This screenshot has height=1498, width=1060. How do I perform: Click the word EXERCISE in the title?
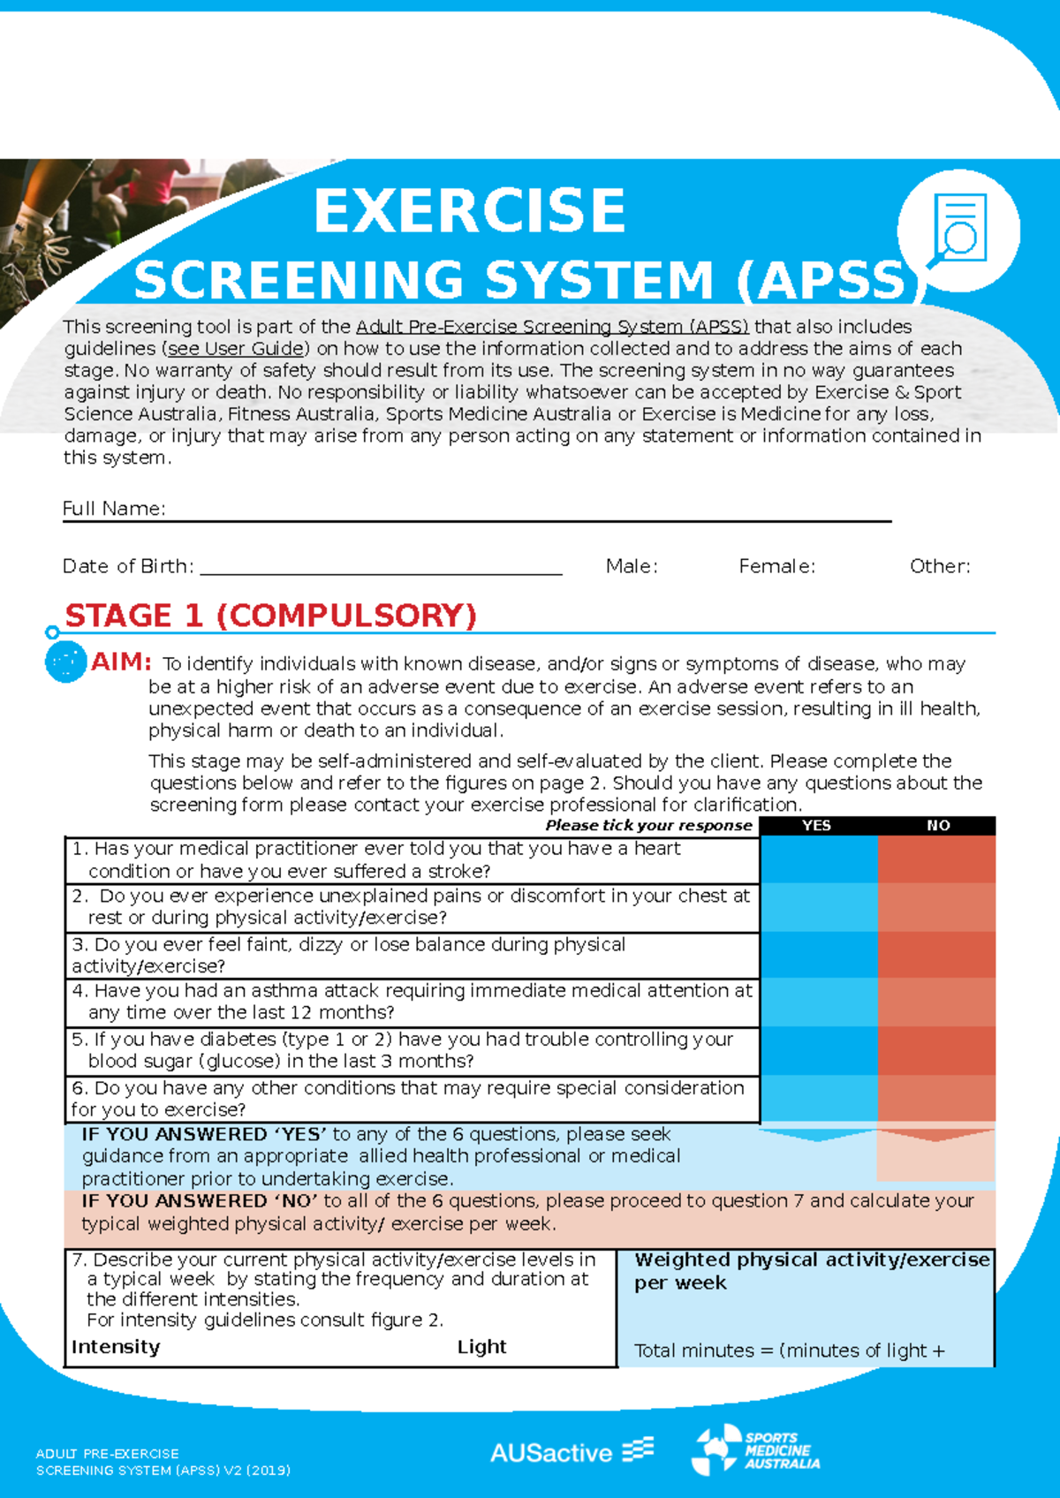(x=469, y=211)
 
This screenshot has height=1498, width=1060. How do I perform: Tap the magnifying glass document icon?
(x=958, y=231)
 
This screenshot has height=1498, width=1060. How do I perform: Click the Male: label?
(x=632, y=566)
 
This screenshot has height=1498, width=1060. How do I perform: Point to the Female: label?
(x=776, y=566)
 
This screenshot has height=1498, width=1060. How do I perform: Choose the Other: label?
(x=940, y=566)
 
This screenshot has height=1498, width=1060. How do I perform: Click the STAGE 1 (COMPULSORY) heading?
(x=270, y=616)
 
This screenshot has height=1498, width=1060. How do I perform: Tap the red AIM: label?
(x=121, y=662)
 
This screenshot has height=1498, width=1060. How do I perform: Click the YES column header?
(x=816, y=825)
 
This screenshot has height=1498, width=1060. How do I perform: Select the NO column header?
(x=938, y=825)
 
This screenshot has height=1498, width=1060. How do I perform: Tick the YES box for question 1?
(x=818, y=859)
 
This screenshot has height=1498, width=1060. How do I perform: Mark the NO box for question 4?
(x=936, y=1002)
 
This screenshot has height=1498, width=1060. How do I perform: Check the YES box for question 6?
(x=818, y=1098)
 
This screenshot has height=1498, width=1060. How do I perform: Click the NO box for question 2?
(x=936, y=907)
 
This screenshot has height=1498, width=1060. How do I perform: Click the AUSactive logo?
(x=572, y=1452)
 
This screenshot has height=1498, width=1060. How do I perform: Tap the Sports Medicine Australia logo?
(x=756, y=1450)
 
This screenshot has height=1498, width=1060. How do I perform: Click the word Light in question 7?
(x=481, y=1347)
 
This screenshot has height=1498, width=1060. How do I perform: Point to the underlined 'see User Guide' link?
(x=236, y=348)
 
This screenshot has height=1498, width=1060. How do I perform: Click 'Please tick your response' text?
(x=648, y=825)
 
